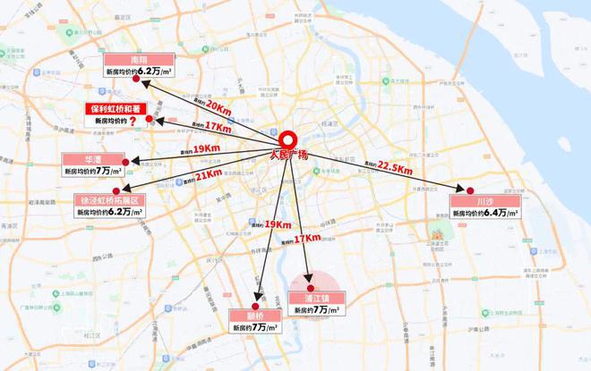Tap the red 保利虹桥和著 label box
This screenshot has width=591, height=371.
pyautogui.click(x=121, y=108)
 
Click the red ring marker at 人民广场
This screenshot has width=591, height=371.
pyautogui.click(x=288, y=141)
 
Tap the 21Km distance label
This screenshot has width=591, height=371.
pyautogui.click(x=208, y=173)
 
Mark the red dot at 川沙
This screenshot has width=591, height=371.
pyautogui.click(x=463, y=190)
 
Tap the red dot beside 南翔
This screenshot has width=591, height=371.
pyautogui.click(x=136, y=80)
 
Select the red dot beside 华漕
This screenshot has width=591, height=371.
pyautogui.click(x=136, y=162)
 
